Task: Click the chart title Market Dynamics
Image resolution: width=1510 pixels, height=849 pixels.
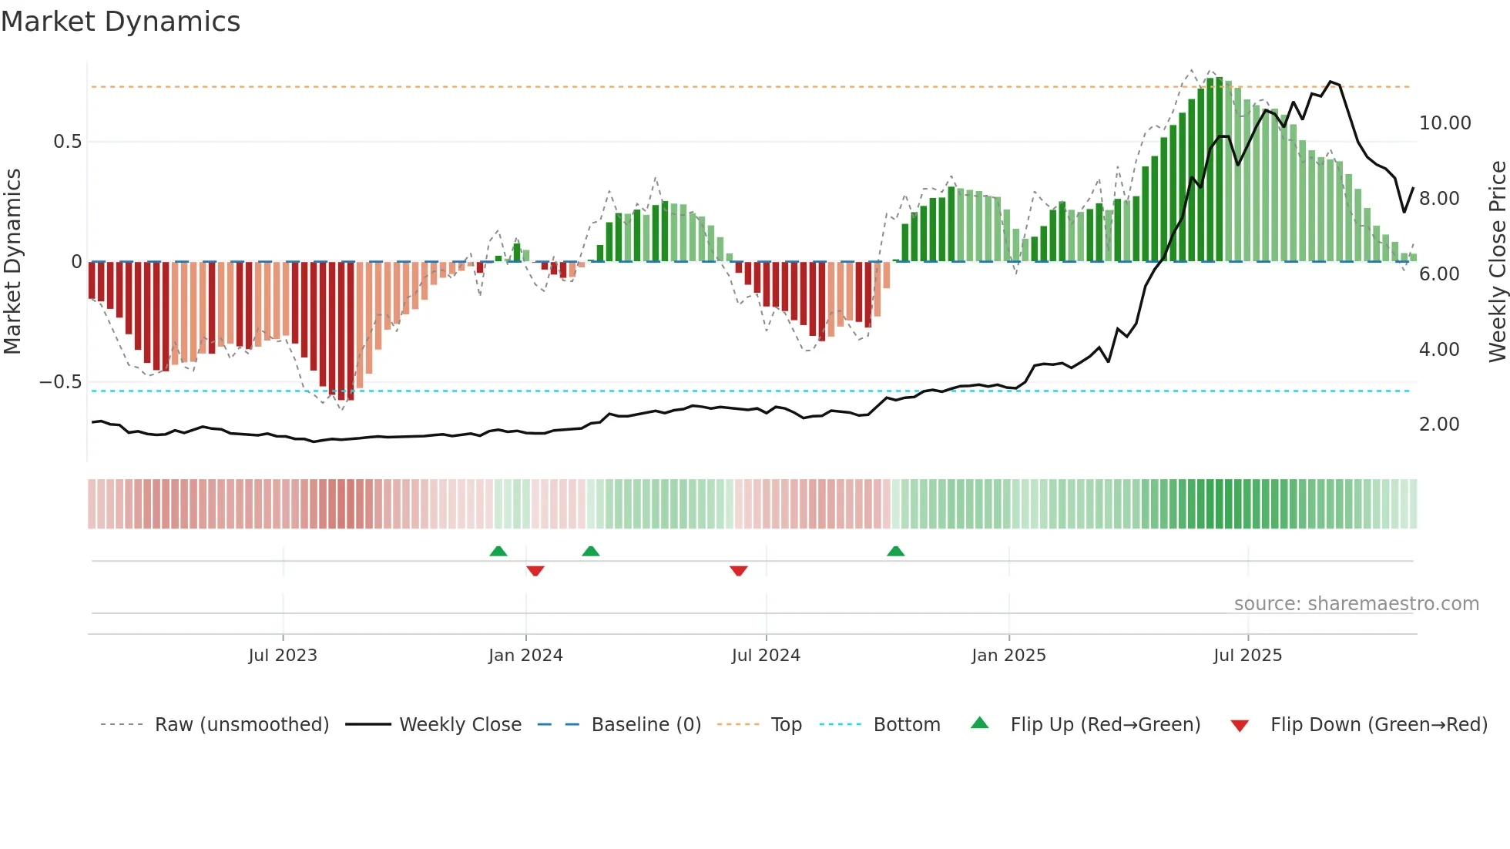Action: pos(121,22)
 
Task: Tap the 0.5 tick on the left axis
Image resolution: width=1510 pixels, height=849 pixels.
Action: pos(67,142)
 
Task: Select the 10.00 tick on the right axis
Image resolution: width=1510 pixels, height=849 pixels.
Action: pos(1445,123)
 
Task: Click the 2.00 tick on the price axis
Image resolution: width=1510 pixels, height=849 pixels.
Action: pos(1438,424)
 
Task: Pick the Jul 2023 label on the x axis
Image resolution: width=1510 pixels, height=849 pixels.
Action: pos(283,656)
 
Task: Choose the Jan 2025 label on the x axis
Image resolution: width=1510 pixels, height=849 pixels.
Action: pos(1008,656)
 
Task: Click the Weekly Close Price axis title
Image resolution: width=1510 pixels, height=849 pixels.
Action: pos(1497,262)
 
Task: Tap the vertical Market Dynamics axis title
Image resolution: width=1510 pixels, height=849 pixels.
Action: pos(13,262)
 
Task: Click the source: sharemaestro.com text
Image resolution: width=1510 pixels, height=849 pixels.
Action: pos(1356,604)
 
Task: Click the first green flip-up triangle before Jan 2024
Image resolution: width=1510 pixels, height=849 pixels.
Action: pos(498,552)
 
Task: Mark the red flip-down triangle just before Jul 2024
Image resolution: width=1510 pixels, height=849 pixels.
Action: pos(738,571)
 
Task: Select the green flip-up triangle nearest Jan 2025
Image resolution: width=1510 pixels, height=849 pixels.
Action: pos(895,552)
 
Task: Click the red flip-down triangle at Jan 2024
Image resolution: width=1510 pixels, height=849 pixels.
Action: pos(535,571)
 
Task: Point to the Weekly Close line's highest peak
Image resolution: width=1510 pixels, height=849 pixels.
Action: pos(1330,82)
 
